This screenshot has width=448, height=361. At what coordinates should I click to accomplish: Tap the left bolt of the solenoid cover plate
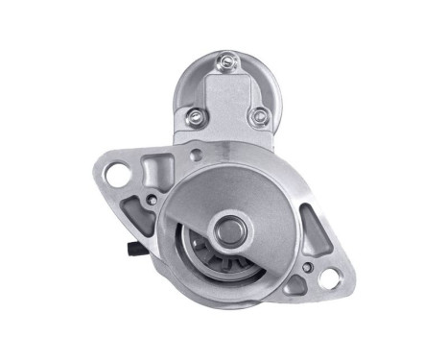point(195,119)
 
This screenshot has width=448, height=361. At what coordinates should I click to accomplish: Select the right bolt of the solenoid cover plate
point(256,117)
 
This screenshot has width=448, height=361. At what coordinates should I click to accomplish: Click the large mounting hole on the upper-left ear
point(116,176)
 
